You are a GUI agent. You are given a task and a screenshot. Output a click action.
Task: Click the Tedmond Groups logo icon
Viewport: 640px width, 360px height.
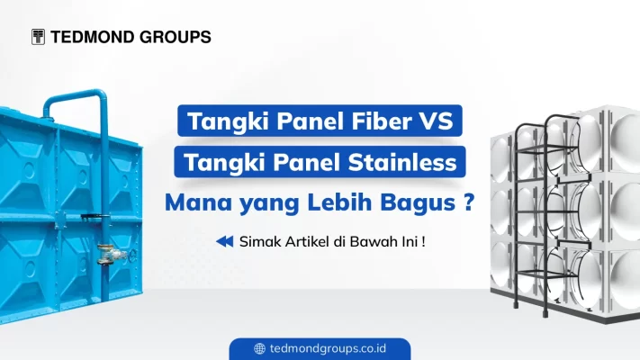(x=38, y=37)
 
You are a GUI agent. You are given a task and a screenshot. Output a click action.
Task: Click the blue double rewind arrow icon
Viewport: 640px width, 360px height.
(x=225, y=240)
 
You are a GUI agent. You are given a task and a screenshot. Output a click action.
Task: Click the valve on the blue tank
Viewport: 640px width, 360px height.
(x=109, y=256)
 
